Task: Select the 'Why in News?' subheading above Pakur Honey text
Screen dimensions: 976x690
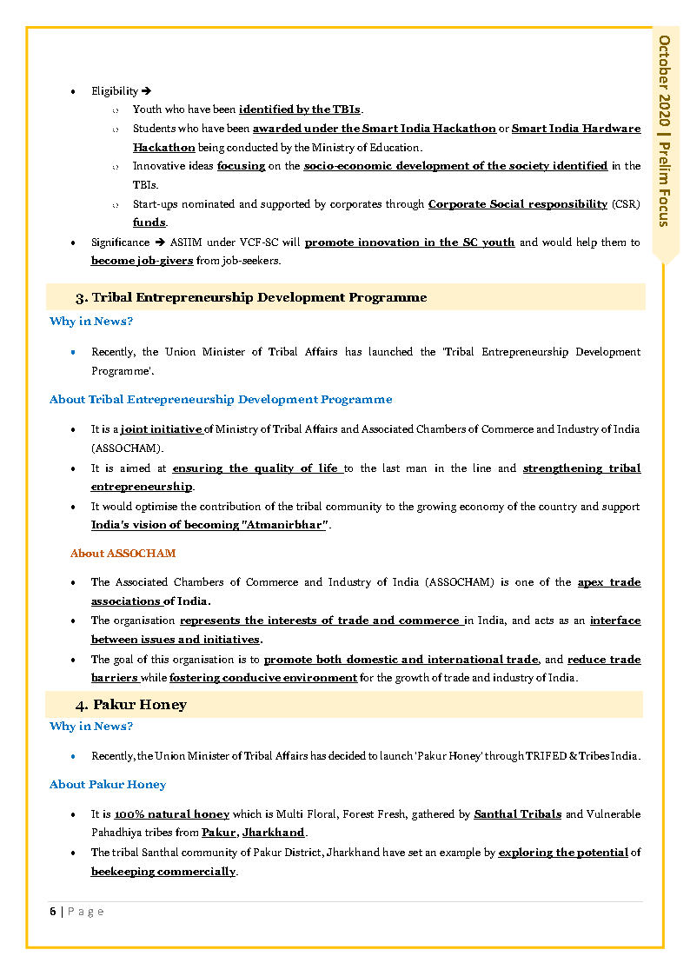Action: (x=90, y=726)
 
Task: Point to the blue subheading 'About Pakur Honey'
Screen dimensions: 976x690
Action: (x=108, y=784)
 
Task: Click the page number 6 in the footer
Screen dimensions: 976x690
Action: (x=53, y=911)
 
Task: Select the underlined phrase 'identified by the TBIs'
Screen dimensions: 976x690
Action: (x=300, y=110)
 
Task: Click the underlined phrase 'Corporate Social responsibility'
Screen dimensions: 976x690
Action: (x=517, y=203)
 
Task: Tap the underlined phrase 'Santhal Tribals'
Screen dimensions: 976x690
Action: (x=517, y=814)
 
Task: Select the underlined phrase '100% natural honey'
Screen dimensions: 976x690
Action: (x=171, y=814)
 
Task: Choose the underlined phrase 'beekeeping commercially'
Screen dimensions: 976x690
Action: (x=163, y=871)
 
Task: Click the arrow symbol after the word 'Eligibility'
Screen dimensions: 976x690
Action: (x=147, y=90)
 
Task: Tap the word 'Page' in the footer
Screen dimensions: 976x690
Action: (x=86, y=911)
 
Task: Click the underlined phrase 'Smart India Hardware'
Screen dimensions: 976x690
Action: (x=575, y=129)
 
